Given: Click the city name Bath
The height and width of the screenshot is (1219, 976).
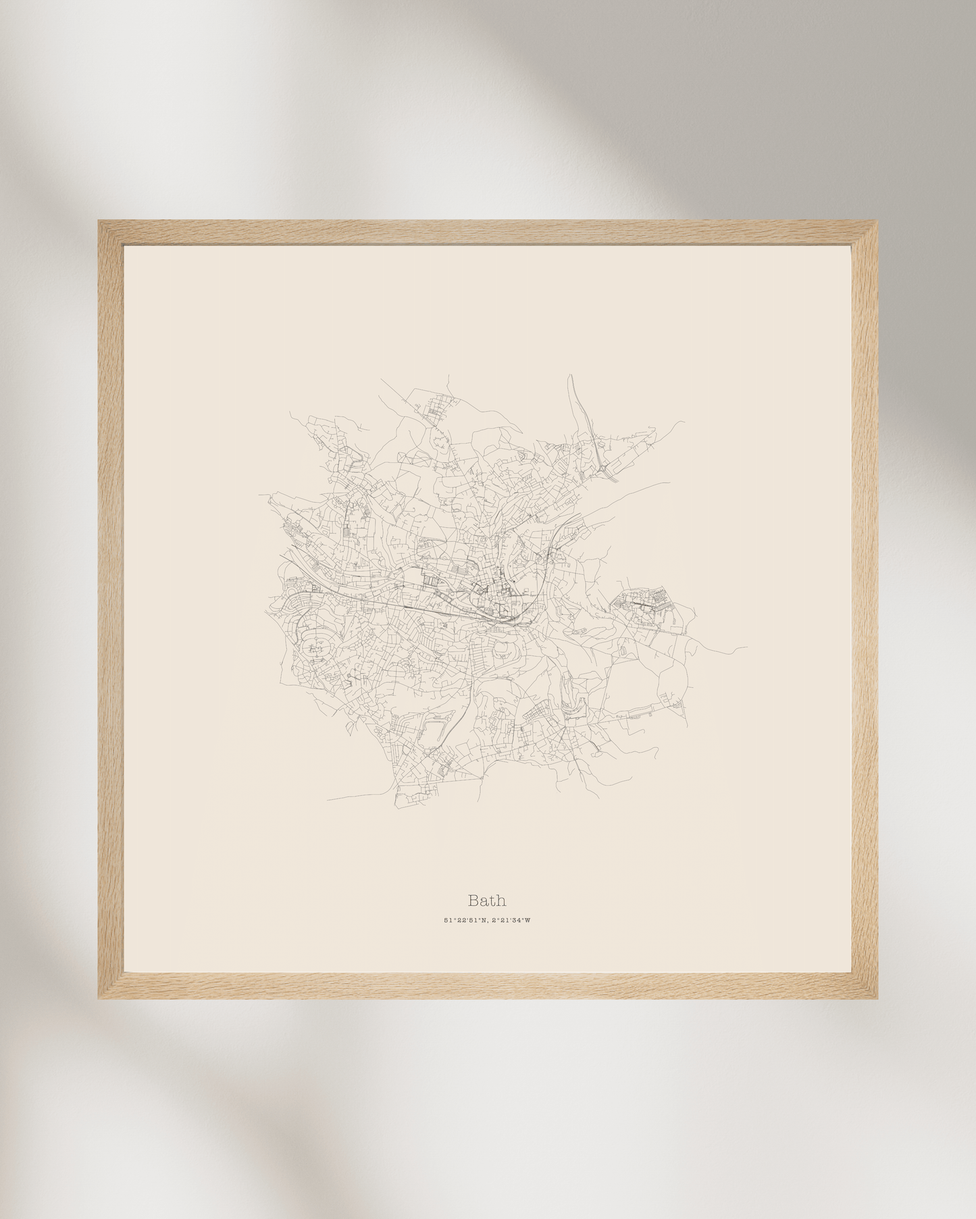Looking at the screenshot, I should (487, 900).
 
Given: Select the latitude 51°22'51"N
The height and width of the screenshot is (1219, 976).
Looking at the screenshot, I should (465, 920).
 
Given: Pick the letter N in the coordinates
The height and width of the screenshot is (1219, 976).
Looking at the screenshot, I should (484, 920).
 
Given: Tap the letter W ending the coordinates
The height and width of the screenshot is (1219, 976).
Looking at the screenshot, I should (528, 920).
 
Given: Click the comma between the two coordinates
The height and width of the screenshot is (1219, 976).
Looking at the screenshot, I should (488, 921).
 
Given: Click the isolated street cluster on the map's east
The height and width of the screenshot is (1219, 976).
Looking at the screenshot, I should (646, 600).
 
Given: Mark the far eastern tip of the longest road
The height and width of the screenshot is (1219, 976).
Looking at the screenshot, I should (747, 648).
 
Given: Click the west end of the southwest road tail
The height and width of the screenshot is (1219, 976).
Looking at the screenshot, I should (328, 801).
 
